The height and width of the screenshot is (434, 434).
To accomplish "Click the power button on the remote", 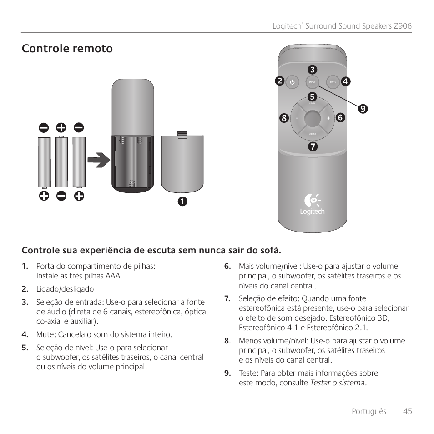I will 292,82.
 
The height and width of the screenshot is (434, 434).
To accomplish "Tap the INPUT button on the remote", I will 312,82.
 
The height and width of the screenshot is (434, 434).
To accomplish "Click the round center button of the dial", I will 312,118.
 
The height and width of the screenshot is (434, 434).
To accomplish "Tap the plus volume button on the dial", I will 328,118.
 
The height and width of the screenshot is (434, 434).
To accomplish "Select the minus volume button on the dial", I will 296,118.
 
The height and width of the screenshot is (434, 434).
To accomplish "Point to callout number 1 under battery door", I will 182,201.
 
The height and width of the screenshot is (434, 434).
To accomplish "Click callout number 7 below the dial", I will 312,147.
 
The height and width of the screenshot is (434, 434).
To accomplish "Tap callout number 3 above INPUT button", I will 312,70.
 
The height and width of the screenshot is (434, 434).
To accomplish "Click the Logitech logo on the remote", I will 312,205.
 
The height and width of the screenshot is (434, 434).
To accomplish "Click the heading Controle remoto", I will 67,49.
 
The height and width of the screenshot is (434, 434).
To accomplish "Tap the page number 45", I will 407,411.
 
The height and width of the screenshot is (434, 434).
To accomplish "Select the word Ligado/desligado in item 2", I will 65,289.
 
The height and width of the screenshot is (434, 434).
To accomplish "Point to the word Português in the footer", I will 368,411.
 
